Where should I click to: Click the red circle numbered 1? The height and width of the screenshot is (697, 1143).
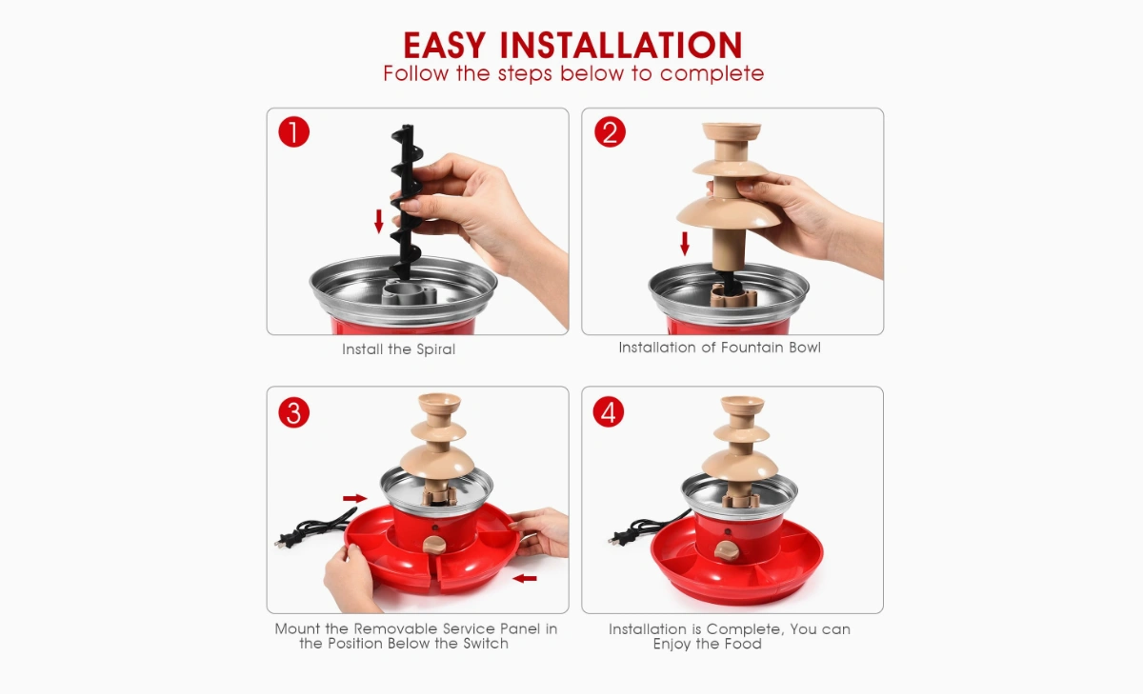(x=294, y=132)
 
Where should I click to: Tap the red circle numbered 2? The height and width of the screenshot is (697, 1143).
(x=610, y=132)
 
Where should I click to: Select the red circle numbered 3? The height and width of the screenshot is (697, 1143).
(x=294, y=412)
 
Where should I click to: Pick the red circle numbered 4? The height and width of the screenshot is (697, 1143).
(x=609, y=412)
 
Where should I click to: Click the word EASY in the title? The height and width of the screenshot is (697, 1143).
(x=445, y=46)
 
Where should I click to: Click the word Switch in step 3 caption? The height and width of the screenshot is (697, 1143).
(x=485, y=644)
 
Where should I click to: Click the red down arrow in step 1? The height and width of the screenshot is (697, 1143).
(x=379, y=222)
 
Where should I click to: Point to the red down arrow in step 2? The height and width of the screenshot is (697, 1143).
(x=685, y=244)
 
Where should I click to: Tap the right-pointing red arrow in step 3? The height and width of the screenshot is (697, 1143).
(x=355, y=498)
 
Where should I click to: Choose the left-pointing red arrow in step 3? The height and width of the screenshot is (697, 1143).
(x=525, y=579)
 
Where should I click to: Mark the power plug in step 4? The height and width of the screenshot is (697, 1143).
(x=619, y=537)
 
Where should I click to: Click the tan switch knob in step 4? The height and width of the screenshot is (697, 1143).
(x=726, y=550)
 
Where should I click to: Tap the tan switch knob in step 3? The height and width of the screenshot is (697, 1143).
(x=434, y=545)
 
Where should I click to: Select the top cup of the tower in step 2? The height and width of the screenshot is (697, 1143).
(x=732, y=131)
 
